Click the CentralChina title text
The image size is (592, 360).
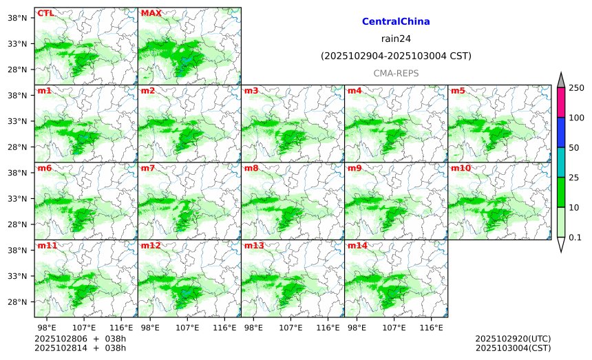coord(396,22)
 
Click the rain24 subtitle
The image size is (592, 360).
coord(396,39)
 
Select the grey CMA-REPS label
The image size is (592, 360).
coord(396,73)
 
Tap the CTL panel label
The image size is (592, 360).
coord(45,13)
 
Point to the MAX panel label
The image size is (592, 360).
coord(151,13)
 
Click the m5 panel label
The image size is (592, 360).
coord(458,91)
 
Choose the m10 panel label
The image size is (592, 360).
coord(461,168)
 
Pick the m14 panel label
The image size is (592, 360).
coord(357,246)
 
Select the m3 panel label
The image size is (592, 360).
coord(251,91)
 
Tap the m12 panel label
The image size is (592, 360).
coord(151,246)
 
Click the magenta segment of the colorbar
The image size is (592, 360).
coord(560,101)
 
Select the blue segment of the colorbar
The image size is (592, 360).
coord(560,131)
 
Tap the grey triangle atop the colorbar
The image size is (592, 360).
coord(560,80)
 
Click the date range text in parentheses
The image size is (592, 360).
coord(396,56)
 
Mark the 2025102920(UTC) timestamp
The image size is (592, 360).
coord(513,339)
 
